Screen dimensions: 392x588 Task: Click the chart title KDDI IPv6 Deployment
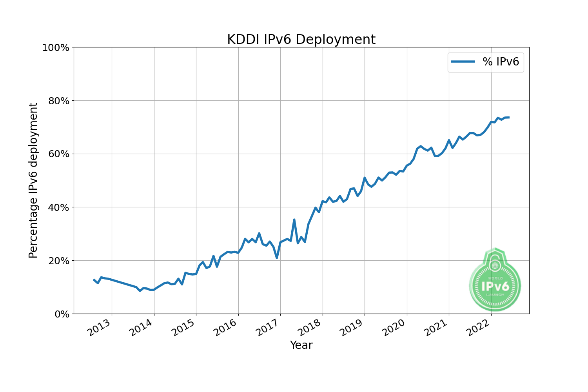point(301,40)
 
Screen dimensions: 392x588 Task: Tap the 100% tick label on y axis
point(56,48)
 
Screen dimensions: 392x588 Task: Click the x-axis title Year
point(301,345)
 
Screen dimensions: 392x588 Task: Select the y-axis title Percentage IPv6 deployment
point(34,180)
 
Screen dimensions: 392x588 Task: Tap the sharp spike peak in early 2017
point(294,220)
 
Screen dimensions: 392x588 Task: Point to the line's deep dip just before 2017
point(277,258)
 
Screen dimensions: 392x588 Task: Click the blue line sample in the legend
point(463,62)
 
